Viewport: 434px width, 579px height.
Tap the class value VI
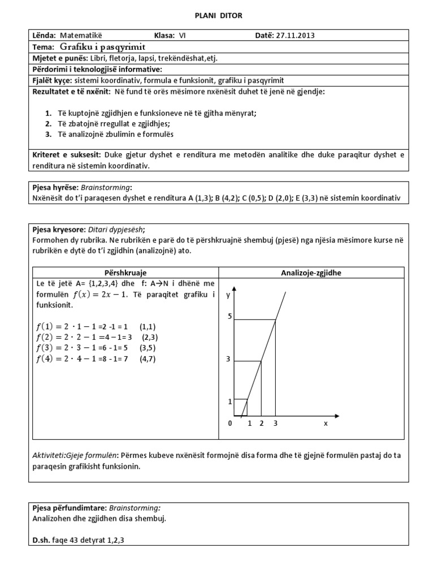click(182, 35)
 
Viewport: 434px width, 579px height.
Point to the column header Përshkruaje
click(124, 273)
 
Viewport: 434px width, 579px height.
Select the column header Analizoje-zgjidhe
click(311, 273)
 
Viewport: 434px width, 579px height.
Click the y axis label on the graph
click(228, 295)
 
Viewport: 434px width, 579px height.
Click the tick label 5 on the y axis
click(229, 316)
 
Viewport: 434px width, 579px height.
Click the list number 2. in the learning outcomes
click(49, 123)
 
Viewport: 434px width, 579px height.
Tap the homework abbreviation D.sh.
click(41, 541)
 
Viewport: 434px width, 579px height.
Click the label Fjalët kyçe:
click(51, 80)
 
